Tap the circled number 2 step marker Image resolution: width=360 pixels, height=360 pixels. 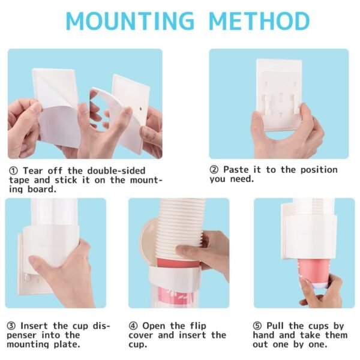coord(214,170)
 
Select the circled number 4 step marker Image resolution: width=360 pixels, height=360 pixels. coord(133,325)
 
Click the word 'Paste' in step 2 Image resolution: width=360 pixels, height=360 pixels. coord(238,170)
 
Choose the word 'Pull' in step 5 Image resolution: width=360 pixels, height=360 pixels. coord(277,325)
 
